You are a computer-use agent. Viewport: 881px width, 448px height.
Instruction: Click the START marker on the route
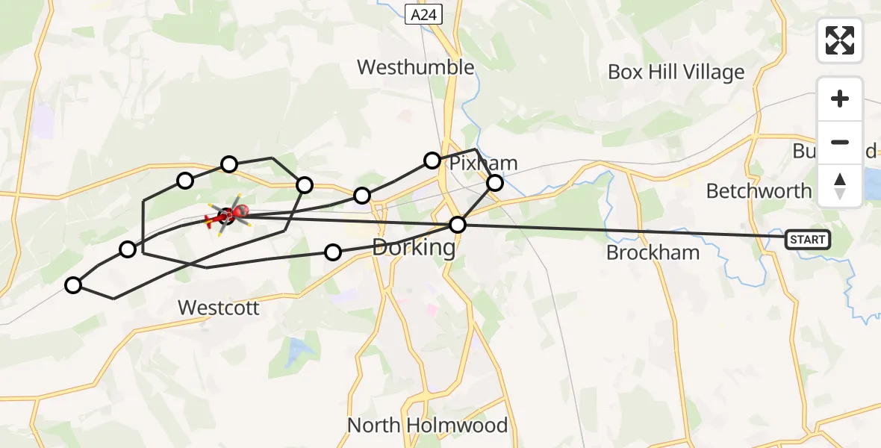pyautogui.click(x=807, y=240)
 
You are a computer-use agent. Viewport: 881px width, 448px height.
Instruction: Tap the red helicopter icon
pyautogui.click(x=226, y=216)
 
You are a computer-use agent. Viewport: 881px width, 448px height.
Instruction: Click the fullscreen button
pyautogui.click(x=840, y=40)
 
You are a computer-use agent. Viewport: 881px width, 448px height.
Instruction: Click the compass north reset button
pyautogui.click(x=840, y=185)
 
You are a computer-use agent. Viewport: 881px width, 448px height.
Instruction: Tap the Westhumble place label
pyautogui.click(x=415, y=67)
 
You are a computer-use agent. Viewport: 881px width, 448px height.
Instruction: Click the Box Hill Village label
pyautogui.click(x=676, y=72)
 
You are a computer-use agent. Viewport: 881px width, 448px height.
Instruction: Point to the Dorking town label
pyautogui.click(x=414, y=247)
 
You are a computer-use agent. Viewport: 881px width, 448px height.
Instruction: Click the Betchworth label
pyautogui.click(x=759, y=191)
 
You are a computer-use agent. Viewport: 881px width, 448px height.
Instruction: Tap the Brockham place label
pyautogui.click(x=653, y=252)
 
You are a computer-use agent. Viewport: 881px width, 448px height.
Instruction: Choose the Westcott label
pyautogui.click(x=219, y=307)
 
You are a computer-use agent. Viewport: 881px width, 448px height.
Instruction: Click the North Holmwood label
pyautogui.click(x=427, y=426)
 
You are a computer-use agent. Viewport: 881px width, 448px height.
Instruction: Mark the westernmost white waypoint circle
pyautogui.click(x=73, y=284)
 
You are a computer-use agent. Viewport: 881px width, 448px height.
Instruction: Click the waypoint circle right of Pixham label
pyautogui.click(x=495, y=183)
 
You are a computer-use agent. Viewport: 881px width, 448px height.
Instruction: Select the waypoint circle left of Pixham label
pyautogui.click(x=432, y=160)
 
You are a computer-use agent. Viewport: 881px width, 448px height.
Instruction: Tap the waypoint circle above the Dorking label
pyautogui.click(x=362, y=196)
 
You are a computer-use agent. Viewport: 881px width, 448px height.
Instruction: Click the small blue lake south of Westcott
pyautogui.click(x=299, y=348)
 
